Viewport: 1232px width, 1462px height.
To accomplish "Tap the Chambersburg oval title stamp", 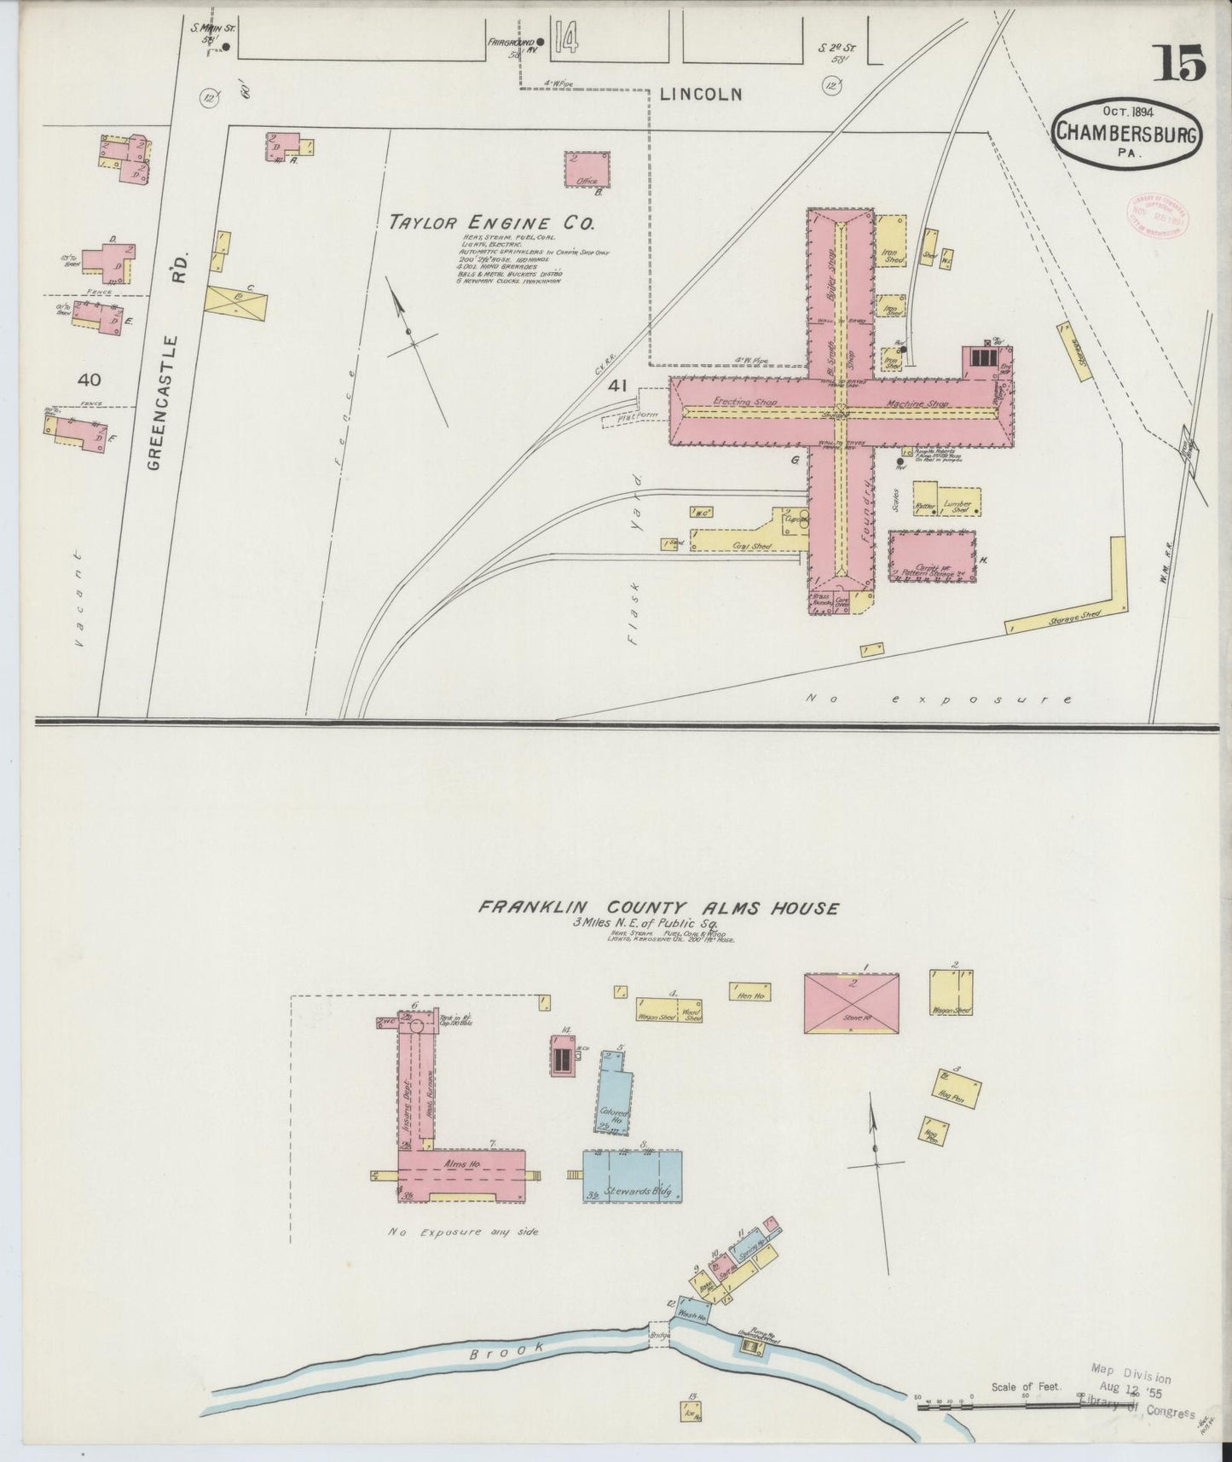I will coord(1129,131).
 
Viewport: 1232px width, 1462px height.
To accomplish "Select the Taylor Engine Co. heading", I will coord(491,223).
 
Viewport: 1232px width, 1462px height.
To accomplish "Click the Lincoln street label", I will coord(700,95).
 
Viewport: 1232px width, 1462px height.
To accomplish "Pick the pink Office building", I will coord(587,169).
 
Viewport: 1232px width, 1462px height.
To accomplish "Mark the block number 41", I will coord(617,386).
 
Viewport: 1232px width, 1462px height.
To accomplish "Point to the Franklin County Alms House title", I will coord(657,908).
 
